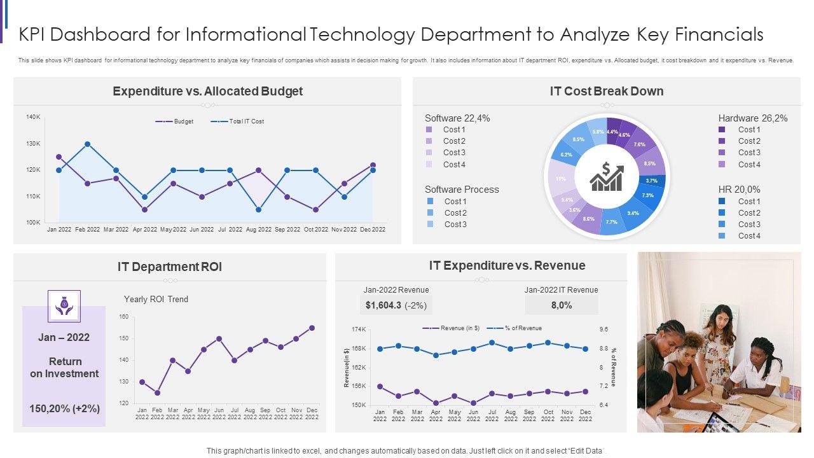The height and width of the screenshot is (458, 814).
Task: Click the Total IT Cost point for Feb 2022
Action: [87, 144]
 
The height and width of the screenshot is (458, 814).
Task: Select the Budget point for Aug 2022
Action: [258, 170]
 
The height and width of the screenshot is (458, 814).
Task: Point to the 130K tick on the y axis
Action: [33, 144]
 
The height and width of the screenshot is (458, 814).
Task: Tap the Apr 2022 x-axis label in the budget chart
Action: [144, 230]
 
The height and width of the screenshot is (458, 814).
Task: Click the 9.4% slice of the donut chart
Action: [633, 212]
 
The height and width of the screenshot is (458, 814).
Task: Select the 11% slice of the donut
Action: [560, 179]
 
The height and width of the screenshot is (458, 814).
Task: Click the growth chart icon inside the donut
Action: [607, 177]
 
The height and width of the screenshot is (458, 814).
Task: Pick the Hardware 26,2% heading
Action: [753, 118]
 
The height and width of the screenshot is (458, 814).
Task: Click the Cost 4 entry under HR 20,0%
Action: [748, 236]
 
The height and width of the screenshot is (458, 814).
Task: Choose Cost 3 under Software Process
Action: [455, 225]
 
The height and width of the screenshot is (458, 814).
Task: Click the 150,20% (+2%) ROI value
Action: [65, 408]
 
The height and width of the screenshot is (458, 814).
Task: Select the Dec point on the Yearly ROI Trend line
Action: [312, 328]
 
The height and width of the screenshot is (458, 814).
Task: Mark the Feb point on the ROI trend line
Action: [157, 392]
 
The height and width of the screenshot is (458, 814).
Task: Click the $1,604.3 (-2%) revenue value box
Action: [396, 305]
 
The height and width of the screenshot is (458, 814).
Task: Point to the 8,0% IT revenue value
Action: [562, 305]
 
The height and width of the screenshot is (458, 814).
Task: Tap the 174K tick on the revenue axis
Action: [359, 330]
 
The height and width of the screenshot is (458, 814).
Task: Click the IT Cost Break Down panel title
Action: [607, 91]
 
